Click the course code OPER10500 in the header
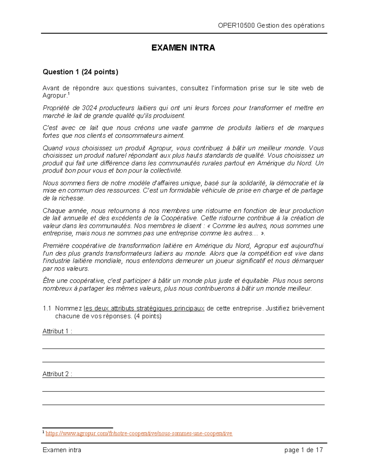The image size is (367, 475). click(236, 25)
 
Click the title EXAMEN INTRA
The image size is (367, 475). click(183, 48)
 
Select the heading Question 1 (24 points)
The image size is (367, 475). click(80, 72)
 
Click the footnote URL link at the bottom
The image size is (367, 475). click(139, 433)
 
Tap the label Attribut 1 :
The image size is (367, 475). click(57, 331)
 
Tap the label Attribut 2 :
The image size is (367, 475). click(57, 374)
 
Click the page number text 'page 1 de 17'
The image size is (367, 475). click(303, 450)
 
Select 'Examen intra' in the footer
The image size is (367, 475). click(62, 450)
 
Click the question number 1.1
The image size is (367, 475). click(47, 308)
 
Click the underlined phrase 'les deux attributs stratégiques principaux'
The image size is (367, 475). click(144, 308)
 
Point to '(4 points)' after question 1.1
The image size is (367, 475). click(148, 316)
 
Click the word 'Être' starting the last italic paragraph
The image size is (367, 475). click(49, 281)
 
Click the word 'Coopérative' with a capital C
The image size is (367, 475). click(179, 218)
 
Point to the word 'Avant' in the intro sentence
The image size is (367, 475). click(51, 88)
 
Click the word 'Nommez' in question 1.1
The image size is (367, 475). click(69, 308)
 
